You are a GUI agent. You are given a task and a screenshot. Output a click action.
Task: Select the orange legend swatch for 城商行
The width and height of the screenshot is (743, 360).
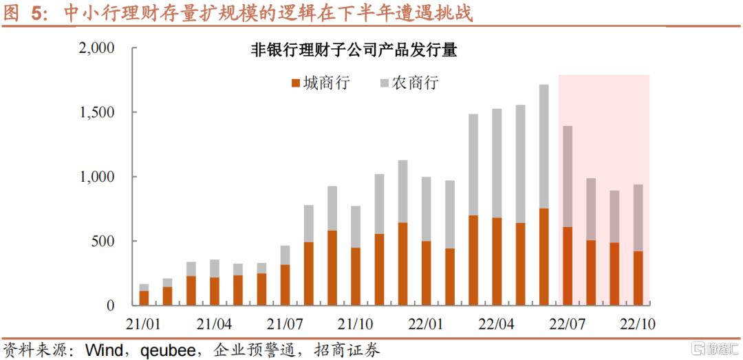(x=297, y=83)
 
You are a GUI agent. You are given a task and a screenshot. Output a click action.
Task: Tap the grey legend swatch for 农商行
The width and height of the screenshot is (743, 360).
(x=384, y=83)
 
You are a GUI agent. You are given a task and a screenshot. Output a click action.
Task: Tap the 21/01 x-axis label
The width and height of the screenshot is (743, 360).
(x=144, y=324)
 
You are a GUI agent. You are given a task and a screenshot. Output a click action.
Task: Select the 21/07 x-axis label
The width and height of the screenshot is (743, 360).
(x=285, y=324)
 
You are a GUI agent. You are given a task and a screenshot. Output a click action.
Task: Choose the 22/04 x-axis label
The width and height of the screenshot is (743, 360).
(x=497, y=324)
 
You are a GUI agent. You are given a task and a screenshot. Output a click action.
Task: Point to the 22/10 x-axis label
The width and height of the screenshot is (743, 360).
(x=638, y=324)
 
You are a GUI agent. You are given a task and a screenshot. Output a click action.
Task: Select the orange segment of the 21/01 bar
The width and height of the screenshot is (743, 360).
(x=144, y=298)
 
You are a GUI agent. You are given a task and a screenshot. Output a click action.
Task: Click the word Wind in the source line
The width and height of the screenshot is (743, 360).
(x=103, y=349)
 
